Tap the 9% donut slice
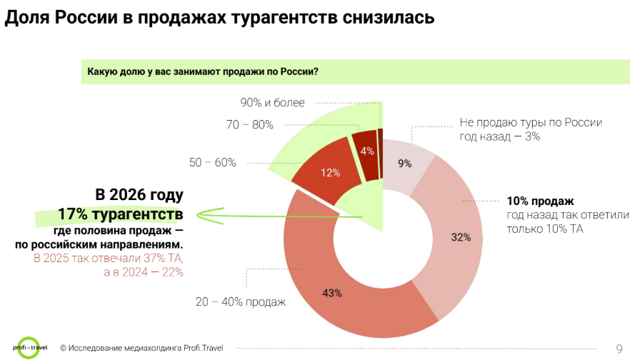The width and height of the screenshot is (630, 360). [x=405, y=163]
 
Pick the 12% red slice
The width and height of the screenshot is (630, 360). [x=329, y=173]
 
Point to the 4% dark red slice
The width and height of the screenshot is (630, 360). [x=366, y=151]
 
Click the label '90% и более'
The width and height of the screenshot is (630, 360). [x=272, y=103]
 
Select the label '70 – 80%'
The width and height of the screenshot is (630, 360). [x=249, y=125]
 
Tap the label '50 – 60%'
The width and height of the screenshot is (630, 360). [x=212, y=162]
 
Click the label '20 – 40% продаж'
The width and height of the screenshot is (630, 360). [x=241, y=301]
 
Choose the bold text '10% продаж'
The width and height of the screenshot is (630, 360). [x=540, y=201]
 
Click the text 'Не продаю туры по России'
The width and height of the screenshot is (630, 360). [x=531, y=123]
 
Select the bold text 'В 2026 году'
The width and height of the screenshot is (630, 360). [x=139, y=195]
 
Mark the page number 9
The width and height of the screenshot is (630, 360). [x=619, y=349]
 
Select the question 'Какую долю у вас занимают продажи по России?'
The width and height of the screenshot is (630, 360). [x=202, y=71]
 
